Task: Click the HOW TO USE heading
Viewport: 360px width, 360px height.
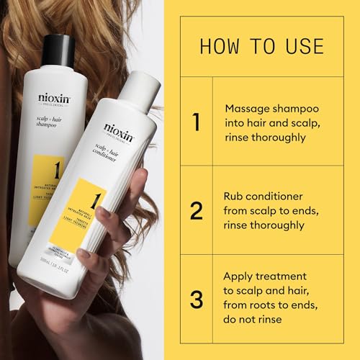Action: click(x=261, y=46)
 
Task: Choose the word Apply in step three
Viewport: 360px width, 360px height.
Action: click(x=240, y=276)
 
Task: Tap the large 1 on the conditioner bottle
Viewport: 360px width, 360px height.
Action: click(x=93, y=199)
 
